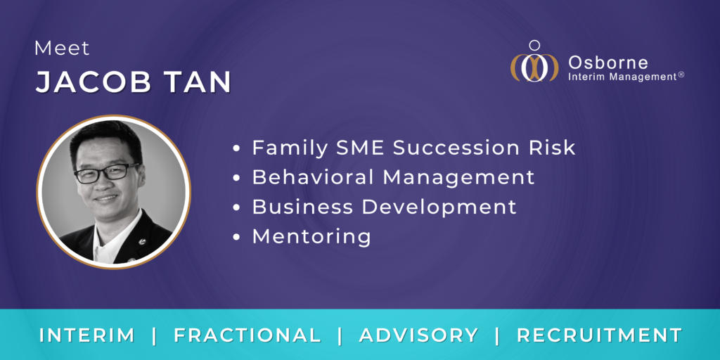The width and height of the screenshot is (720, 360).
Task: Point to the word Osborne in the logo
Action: (x=607, y=61)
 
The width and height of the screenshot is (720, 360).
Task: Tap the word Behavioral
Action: (x=315, y=177)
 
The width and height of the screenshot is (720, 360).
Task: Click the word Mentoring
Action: (x=311, y=237)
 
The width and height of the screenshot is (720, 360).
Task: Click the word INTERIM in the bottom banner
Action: (x=86, y=335)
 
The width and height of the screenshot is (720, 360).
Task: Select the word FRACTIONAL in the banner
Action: (x=247, y=335)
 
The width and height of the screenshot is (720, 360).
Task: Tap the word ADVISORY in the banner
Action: (x=419, y=335)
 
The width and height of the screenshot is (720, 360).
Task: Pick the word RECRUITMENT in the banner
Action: (x=599, y=335)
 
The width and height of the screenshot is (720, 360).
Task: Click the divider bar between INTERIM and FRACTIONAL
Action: (x=154, y=335)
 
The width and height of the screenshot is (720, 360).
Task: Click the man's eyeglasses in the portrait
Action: (x=105, y=172)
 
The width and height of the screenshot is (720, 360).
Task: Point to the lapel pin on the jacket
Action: (x=143, y=241)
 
